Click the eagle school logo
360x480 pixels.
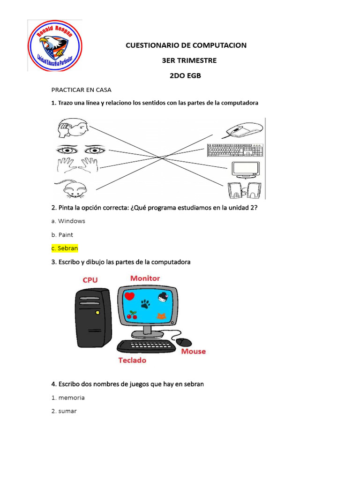[x=55, y=46]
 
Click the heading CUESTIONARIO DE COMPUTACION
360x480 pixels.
[x=186, y=45]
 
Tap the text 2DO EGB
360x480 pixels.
[x=185, y=75]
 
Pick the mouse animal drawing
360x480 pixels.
[x=72, y=189]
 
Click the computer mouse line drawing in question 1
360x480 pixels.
[x=243, y=129]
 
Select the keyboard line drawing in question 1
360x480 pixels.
[x=235, y=150]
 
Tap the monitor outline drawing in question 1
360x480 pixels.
[x=245, y=169]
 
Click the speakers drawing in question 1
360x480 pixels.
[x=245, y=190]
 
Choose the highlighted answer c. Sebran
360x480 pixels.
[x=65, y=248]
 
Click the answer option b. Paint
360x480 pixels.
[x=62, y=234]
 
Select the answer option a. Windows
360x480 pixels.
[x=68, y=221]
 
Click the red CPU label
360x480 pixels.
[x=90, y=280]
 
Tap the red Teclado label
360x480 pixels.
[x=132, y=360]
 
